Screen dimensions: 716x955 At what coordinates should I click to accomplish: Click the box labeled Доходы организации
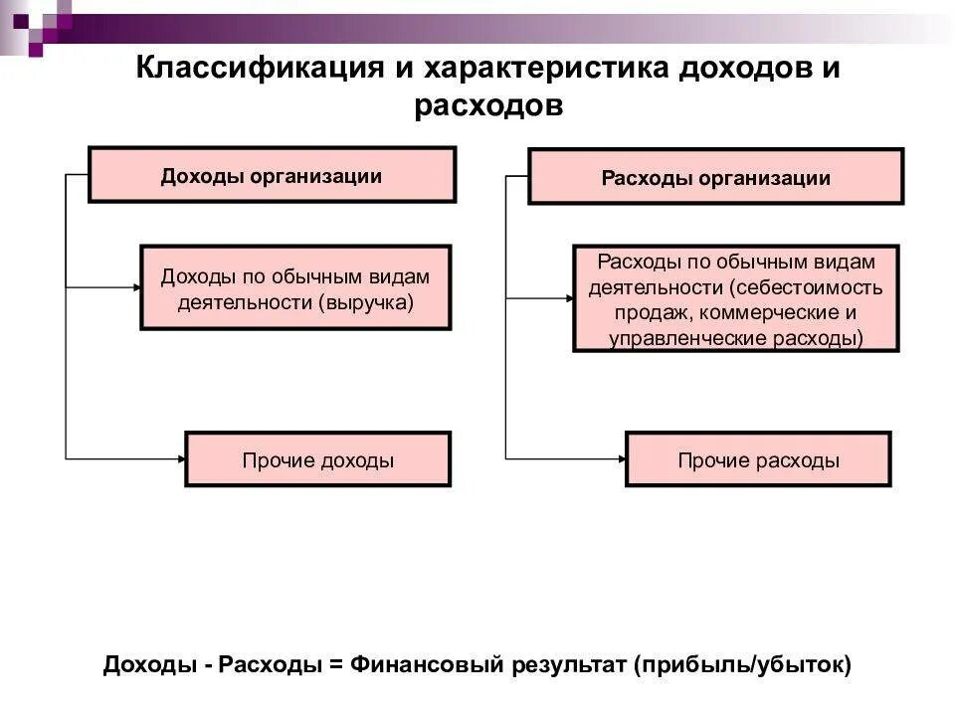click(272, 175)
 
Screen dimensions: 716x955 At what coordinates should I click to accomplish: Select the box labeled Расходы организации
click(715, 177)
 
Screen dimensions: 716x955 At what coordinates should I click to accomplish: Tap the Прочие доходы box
click(318, 459)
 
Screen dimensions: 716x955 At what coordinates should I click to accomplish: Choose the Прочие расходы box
click(758, 459)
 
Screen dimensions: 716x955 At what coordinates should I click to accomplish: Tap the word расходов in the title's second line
click(488, 105)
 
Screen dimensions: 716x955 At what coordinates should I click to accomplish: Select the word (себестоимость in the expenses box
click(805, 288)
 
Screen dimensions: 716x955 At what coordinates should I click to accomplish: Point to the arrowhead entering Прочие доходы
click(181, 458)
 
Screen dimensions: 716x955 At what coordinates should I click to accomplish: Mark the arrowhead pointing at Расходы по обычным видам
click(568, 296)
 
